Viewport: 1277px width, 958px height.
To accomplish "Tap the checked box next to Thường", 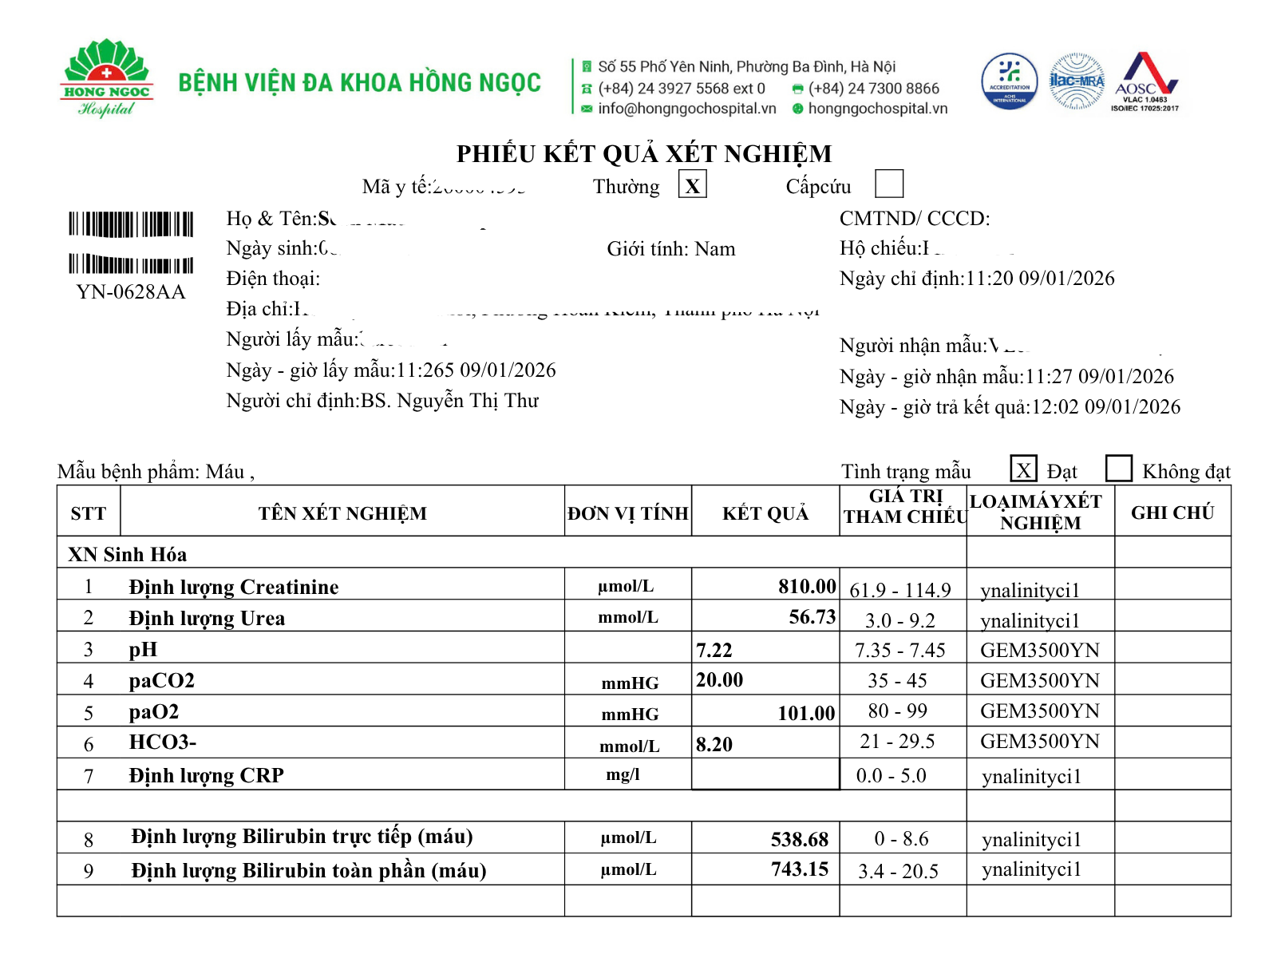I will point(692,185).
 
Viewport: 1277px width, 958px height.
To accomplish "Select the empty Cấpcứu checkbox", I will point(888,184).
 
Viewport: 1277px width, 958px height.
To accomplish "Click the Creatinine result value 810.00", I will point(807,587).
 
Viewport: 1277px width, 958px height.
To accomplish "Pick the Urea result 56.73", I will point(812,617).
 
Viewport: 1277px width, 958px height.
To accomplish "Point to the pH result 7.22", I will point(714,650).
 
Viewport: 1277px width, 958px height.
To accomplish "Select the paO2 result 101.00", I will point(806,713).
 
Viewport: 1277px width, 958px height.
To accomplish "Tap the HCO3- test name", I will point(163,742).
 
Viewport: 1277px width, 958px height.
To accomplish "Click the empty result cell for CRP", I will point(765,774).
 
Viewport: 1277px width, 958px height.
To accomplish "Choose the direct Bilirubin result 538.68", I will point(799,839).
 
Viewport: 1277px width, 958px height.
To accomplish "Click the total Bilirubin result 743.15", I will point(799,869).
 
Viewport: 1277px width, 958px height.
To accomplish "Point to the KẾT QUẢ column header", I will point(765,513).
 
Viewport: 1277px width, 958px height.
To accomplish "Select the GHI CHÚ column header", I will point(1172,513).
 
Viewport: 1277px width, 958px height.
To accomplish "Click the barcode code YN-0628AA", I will point(131,292).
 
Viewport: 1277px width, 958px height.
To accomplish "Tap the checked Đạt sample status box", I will point(1023,469).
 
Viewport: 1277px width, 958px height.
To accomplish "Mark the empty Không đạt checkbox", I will point(1118,469).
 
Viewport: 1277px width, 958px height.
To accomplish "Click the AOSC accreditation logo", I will point(1145,81).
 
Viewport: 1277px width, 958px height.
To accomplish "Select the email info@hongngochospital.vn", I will point(686,109).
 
